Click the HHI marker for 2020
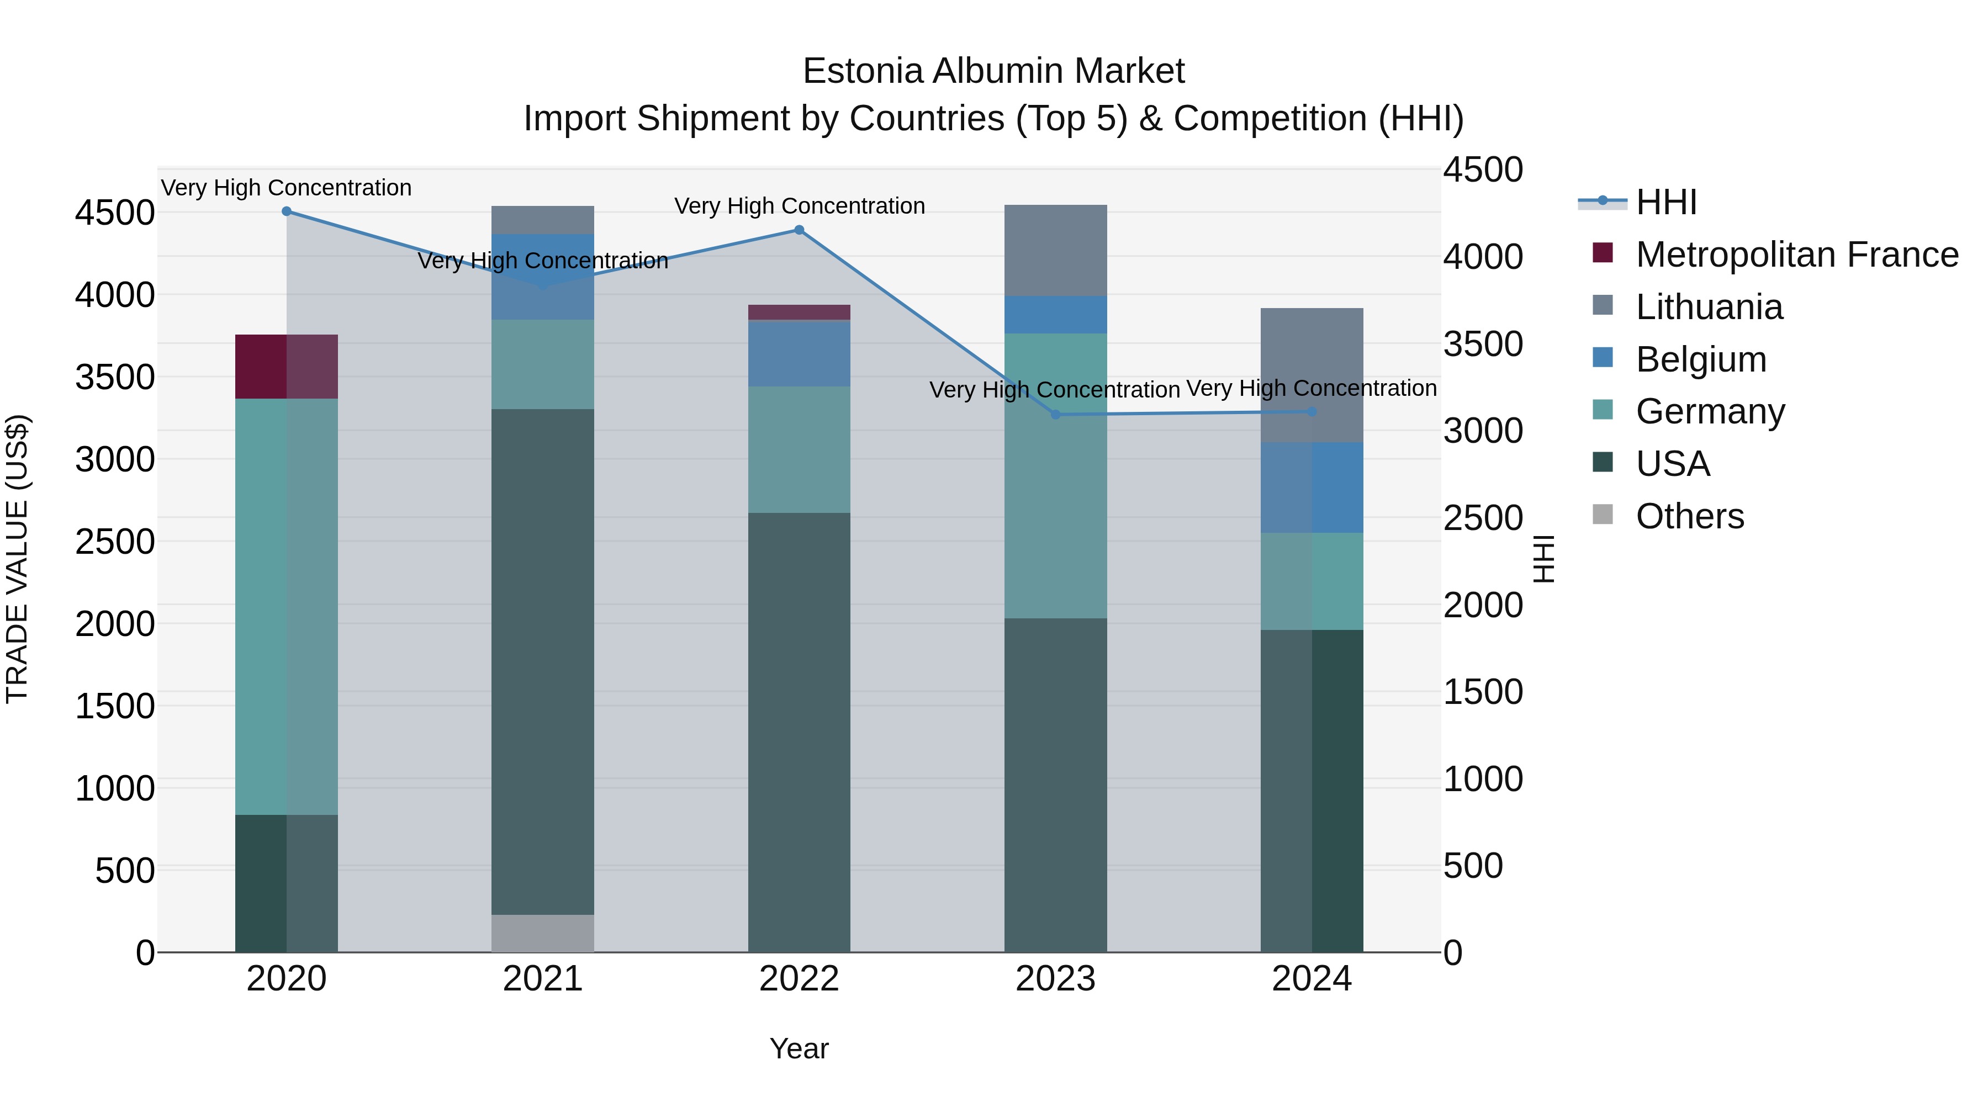[x=286, y=211]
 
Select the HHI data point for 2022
[x=799, y=230]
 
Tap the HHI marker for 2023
[x=1056, y=414]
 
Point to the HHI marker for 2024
[x=1312, y=411]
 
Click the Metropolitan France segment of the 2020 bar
[x=286, y=367]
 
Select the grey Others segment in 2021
[x=542, y=933]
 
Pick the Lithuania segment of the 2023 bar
[x=1056, y=250]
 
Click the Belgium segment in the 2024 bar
[x=1312, y=487]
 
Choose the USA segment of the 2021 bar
[x=542, y=661]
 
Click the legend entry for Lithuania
[x=1709, y=307]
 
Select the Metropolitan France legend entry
[x=1796, y=255]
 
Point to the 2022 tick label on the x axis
[x=799, y=979]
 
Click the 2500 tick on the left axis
[x=115, y=542]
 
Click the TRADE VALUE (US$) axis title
[x=17, y=559]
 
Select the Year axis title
[x=799, y=1048]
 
